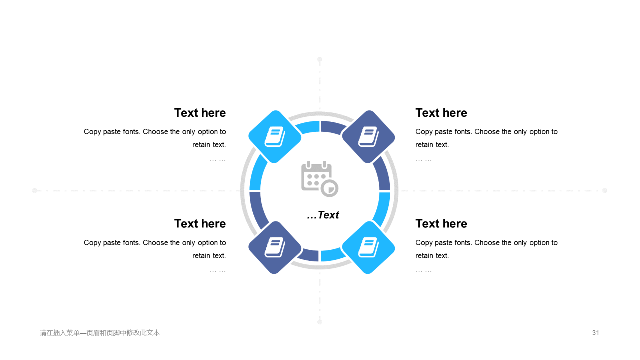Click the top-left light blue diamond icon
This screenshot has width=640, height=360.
(275, 137)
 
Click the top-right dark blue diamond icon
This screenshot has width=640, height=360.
(368, 137)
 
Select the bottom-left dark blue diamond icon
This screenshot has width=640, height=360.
(275, 247)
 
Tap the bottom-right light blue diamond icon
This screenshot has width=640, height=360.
(368, 247)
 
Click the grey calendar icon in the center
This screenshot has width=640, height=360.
(319, 179)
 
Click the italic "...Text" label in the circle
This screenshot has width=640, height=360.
(323, 215)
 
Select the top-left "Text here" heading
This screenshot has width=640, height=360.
(200, 113)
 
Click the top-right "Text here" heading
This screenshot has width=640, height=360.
(441, 113)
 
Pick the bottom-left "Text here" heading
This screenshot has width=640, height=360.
(200, 224)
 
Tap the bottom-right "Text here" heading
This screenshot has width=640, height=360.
(441, 224)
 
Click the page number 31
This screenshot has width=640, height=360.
(595, 333)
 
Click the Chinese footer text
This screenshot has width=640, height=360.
(100, 333)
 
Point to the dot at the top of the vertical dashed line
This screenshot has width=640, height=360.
(319, 59)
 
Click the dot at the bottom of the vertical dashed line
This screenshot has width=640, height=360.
(319, 322)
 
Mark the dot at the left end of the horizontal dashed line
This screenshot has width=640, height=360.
(35, 190)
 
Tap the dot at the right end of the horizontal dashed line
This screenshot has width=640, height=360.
(605, 190)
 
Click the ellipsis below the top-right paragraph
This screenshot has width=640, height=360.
(423, 160)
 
